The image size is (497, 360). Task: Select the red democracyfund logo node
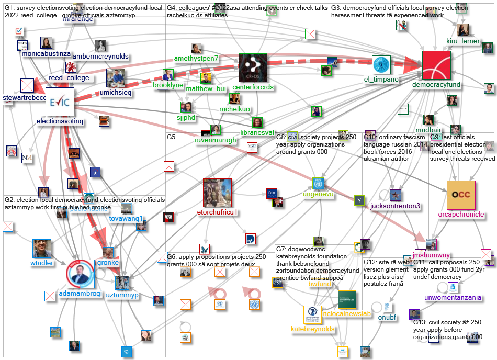click(436, 65)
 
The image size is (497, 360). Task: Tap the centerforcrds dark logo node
click(253, 67)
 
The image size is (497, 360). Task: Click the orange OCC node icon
click(461, 194)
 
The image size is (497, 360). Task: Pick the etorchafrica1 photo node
click(217, 193)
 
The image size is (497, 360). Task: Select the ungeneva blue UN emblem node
click(318, 184)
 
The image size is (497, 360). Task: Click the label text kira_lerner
click(462, 40)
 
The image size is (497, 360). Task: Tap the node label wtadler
click(42, 263)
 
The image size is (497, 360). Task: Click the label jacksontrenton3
click(395, 206)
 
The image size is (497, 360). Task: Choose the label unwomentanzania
click(453, 298)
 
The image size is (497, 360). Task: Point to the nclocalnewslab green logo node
click(347, 300)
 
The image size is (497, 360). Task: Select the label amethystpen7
click(196, 59)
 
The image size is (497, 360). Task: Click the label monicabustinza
click(46, 53)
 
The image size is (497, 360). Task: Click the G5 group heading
click(171, 137)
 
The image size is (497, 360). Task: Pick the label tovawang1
click(126, 218)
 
